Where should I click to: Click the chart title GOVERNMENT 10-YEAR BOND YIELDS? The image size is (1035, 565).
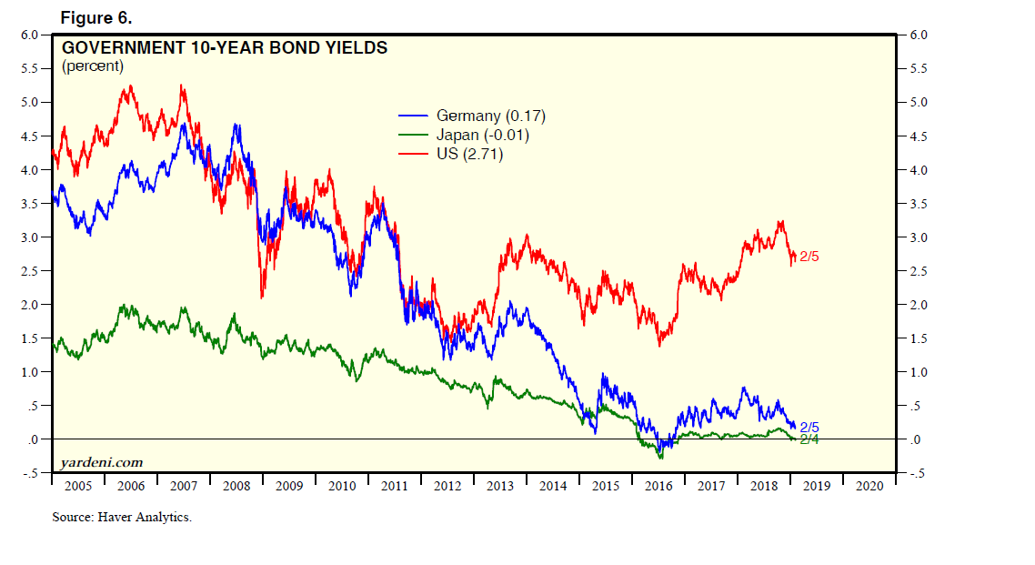224,47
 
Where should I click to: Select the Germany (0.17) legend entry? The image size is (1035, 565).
490,116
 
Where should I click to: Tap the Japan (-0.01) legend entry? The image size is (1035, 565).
482,135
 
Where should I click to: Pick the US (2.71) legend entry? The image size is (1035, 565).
469,154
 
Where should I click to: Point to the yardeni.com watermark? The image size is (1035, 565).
101,463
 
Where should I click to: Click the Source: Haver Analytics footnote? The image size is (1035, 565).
122,518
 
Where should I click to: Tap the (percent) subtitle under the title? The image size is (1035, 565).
93,66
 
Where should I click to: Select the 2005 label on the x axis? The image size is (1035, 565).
78,486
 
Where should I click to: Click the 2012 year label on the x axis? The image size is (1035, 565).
447,486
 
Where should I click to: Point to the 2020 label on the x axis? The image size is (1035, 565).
869,486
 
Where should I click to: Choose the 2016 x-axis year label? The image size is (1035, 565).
658,486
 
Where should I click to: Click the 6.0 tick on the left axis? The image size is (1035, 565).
30,35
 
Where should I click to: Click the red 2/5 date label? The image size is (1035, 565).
809,257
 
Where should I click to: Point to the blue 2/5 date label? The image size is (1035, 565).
809,427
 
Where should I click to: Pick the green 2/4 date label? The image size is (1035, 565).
809,439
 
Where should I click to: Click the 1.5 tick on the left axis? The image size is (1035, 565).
30,338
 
